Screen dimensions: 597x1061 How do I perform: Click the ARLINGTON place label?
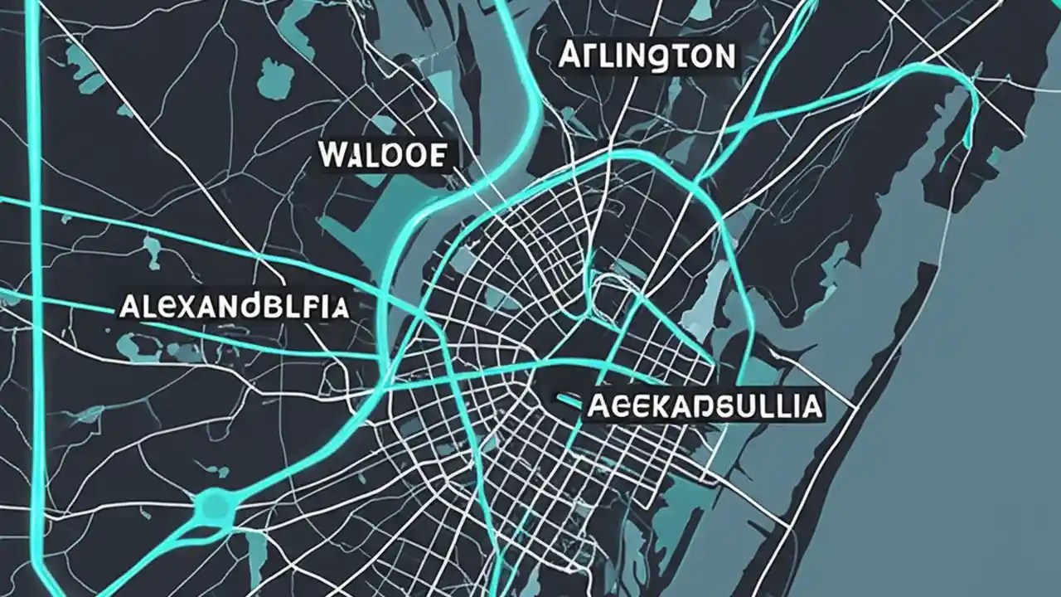pos(647,56)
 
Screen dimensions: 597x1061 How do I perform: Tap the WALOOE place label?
pos(382,155)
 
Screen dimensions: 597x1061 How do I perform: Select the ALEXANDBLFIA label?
pos(234,306)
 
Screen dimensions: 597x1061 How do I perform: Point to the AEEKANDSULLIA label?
pos(704,406)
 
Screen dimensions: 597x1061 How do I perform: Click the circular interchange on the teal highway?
pos(214,503)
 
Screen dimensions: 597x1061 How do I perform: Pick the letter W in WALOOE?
pos(332,155)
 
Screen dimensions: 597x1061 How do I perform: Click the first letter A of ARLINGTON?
pos(571,56)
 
